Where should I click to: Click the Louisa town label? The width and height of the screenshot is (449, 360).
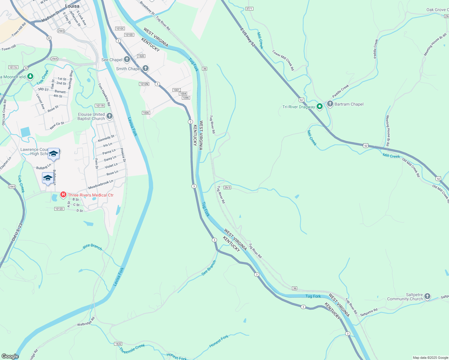tap(72, 6)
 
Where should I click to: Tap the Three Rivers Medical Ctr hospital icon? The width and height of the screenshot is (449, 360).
tap(63, 195)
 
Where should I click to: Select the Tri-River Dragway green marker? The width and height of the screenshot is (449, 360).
tap(320, 106)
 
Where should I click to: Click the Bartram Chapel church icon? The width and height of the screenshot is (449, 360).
tap(330, 104)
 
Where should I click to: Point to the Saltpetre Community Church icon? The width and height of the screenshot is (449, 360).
tap(427, 297)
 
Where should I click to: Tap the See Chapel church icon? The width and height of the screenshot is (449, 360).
tap(127, 59)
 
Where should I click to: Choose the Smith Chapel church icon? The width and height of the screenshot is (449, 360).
tap(145, 69)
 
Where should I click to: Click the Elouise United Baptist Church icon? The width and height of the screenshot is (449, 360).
tap(110, 116)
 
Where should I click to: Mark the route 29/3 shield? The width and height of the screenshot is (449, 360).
tap(227, 187)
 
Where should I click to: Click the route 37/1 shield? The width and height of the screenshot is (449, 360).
tap(249, 9)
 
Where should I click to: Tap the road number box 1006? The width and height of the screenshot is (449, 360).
tap(146, 113)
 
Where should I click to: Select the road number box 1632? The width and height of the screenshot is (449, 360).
tap(118, 344)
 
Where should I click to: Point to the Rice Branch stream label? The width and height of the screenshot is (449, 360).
tap(92, 247)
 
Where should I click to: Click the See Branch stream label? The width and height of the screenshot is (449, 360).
tap(209, 268)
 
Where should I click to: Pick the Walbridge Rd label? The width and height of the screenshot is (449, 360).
tap(86, 322)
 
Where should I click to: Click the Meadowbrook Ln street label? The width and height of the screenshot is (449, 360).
tap(101, 184)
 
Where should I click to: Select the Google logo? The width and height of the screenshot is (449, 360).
tap(10, 356)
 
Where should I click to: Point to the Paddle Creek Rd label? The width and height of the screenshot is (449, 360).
tap(376, 49)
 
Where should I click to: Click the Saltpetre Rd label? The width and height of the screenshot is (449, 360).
tap(369, 312)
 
